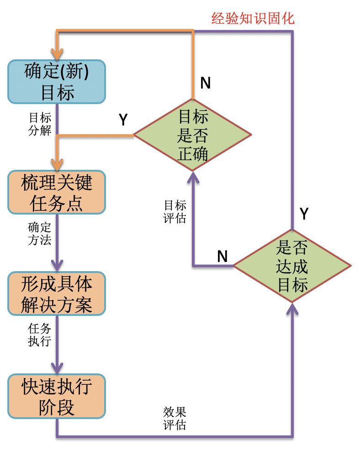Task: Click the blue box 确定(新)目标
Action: tap(57, 82)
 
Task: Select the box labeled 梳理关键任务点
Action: tap(57, 192)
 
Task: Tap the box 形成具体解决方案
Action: tap(57, 294)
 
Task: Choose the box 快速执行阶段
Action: tap(57, 396)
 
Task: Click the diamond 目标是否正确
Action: tap(192, 135)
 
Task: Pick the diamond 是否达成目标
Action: tap(292, 266)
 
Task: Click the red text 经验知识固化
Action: tap(253, 18)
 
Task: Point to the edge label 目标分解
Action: tap(40, 124)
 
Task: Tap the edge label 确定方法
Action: tap(40, 234)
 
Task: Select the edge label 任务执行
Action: tap(40, 335)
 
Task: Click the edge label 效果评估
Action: tap(175, 418)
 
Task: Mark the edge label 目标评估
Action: tap(175, 211)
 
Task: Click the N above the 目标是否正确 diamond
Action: tap(206, 83)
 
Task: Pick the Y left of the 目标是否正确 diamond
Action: tap(123, 119)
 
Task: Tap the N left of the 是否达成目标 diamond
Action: tap(222, 256)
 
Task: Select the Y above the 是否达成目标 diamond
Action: tap(304, 214)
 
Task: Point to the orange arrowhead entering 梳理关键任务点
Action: tap(57, 165)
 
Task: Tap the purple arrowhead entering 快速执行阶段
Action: tap(57, 368)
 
